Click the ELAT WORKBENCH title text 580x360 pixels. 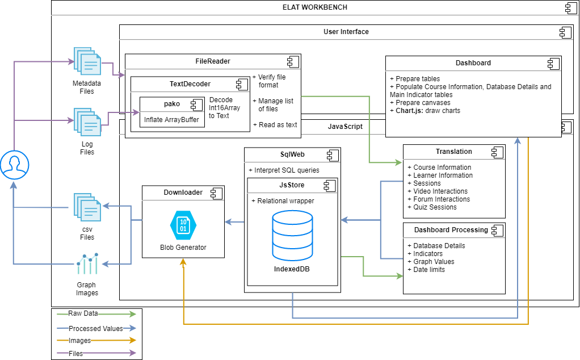(x=315, y=7)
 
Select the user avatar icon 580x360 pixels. (x=15, y=165)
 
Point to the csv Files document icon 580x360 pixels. (x=87, y=208)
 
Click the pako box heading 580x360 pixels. (x=171, y=104)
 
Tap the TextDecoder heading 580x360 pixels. (x=190, y=84)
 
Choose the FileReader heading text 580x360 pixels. (x=213, y=61)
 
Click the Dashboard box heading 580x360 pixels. (x=473, y=63)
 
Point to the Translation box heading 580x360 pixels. (x=453, y=152)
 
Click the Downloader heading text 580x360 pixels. (x=183, y=192)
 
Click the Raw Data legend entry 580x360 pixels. (x=83, y=313)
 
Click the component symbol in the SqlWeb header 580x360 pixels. (x=331, y=154)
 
